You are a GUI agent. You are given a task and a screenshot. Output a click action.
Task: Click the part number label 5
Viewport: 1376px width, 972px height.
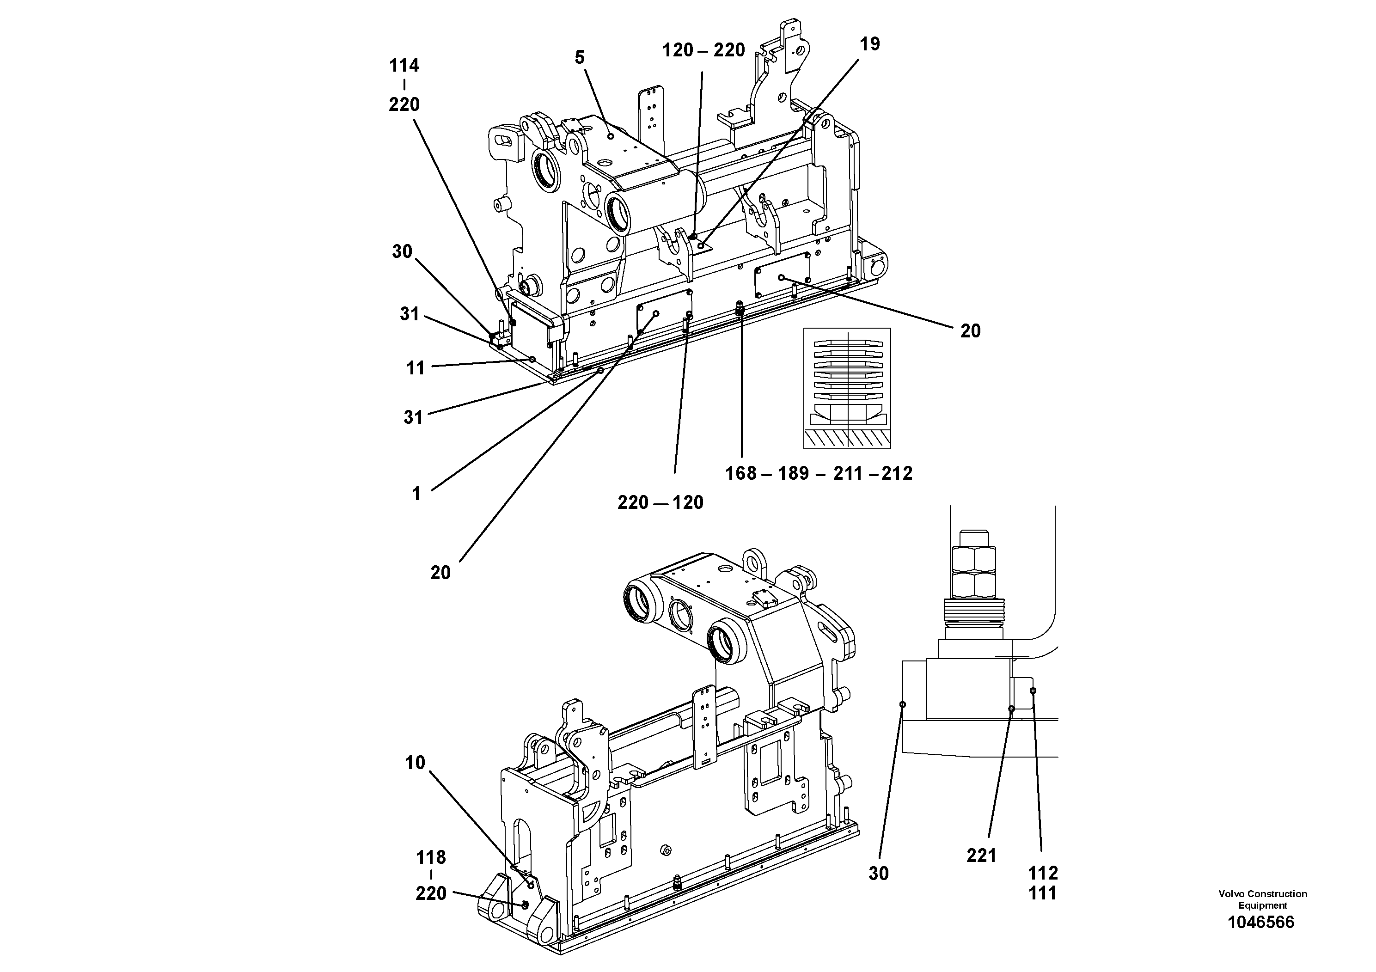point(579,57)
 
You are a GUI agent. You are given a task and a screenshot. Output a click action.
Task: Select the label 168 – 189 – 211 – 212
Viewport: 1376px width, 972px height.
point(819,474)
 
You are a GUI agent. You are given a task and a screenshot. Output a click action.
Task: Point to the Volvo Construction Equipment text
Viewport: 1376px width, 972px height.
point(1262,899)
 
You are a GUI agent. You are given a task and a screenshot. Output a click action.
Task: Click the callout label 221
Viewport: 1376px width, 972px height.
point(981,856)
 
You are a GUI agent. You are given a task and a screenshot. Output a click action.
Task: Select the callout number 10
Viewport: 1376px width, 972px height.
point(415,763)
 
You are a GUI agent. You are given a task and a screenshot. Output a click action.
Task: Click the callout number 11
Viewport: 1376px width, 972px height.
point(416,368)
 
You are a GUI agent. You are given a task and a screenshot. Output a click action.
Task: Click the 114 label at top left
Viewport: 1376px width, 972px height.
point(404,65)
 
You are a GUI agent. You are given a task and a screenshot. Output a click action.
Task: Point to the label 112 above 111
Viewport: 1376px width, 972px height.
point(1043,873)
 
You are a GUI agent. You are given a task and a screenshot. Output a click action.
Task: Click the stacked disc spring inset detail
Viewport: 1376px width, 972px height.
point(847,388)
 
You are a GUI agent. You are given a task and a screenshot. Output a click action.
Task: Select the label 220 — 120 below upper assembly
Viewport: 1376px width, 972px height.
point(660,503)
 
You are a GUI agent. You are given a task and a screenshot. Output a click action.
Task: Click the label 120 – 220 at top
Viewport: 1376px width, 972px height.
point(703,50)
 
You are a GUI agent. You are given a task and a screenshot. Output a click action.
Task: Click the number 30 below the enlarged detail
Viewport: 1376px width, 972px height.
point(879,874)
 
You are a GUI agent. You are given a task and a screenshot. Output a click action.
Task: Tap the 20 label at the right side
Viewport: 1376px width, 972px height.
point(970,331)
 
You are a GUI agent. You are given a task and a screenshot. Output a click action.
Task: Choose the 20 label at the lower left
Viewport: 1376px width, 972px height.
point(440,573)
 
